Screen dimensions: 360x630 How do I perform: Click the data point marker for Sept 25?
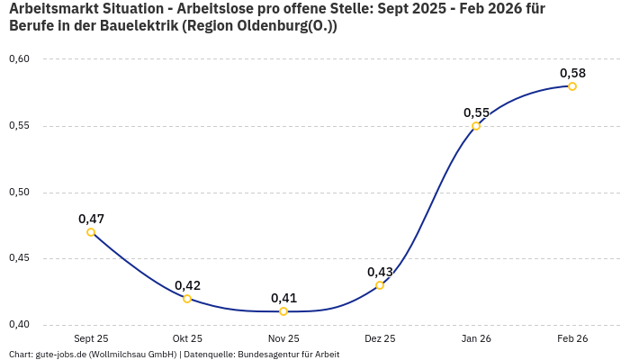[x=91, y=232]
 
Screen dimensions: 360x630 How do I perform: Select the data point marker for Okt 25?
[x=187, y=299]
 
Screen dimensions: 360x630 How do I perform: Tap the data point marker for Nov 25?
[x=283, y=311]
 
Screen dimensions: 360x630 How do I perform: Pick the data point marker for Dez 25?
[x=380, y=285]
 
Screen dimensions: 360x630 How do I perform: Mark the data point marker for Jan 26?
[x=476, y=126]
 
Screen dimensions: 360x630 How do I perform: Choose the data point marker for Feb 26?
[x=572, y=86]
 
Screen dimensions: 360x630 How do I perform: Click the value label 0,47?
[x=91, y=219]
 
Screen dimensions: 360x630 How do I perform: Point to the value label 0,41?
[x=283, y=298]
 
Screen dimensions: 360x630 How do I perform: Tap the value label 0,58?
[x=572, y=73]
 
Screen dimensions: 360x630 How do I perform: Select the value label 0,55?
[x=476, y=112]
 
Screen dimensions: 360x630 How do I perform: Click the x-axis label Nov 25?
[x=283, y=338]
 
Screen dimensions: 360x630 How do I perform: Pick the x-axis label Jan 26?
[x=476, y=338]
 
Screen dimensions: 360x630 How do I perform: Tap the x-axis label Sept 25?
[x=91, y=338]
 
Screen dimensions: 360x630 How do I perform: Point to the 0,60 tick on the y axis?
[x=19, y=59]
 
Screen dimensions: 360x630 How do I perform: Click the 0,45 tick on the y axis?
[x=19, y=258]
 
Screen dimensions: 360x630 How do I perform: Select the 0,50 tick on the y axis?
[x=19, y=193]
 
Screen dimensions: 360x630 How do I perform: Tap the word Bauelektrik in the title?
[x=139, y=26]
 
